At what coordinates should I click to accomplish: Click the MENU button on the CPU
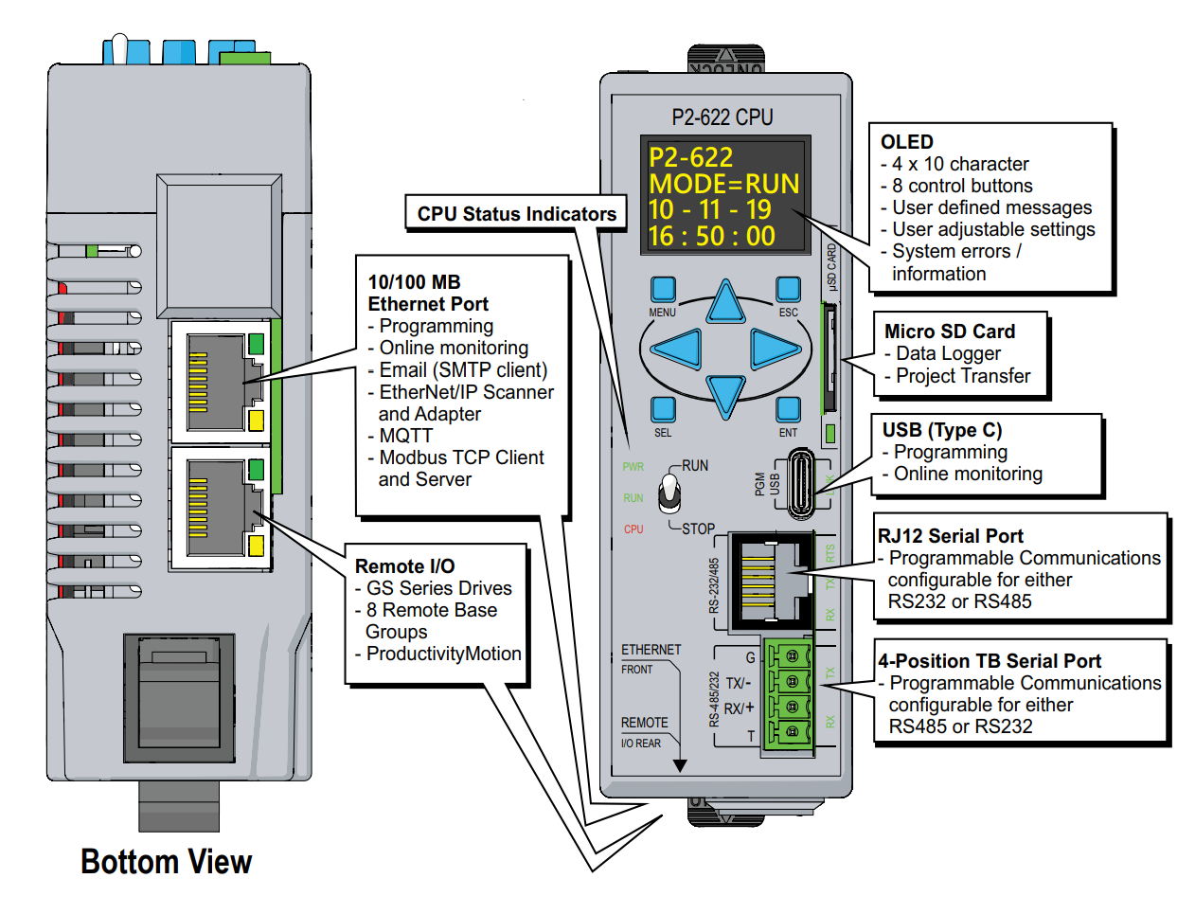click(663, 289)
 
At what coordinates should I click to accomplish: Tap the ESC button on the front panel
click(788, 289)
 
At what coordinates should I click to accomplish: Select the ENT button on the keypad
click(788, 409)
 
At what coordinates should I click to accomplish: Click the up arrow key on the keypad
click(726, 303)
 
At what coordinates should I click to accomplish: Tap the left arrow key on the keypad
click(679, 349)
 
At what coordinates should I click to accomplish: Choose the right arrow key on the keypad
click(774, 349)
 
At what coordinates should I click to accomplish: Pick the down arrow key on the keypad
click(726, 395)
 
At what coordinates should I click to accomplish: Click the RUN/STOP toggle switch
click(669, 493)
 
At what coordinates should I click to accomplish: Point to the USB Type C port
click(801, 483)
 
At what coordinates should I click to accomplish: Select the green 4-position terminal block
click(790, 694)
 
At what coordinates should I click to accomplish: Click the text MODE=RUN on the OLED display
click(723, 184)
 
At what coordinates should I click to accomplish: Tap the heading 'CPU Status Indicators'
click(516, 214)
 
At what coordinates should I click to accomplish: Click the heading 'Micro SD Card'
click(949, 332)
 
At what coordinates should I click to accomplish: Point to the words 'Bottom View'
click(167, 862)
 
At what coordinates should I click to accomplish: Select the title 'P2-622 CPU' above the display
click(722, 117)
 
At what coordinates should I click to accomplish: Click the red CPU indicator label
click(633, 529)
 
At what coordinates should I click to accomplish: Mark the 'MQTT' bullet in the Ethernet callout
click(405, 436)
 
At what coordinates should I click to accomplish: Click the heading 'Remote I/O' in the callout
click(404, 566)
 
